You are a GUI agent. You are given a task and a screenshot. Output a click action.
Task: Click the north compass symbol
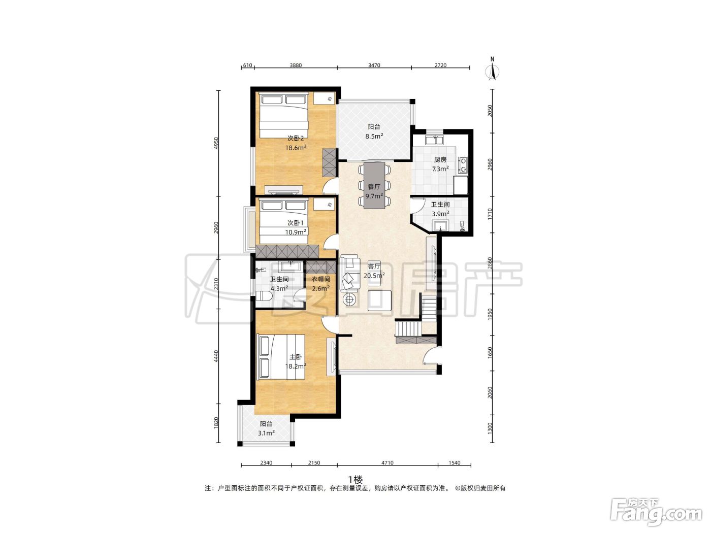492,69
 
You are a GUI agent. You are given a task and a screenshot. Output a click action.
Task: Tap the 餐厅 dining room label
374,187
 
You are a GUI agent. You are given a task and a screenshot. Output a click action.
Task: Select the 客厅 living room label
374,266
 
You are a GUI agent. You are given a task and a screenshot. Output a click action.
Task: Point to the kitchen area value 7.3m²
440,169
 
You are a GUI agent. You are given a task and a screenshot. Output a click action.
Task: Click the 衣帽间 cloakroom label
320,279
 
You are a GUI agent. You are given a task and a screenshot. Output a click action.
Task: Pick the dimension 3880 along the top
296,65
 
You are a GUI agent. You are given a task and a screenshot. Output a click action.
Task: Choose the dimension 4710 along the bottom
387,463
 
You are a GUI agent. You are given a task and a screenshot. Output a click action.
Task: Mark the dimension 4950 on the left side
216,143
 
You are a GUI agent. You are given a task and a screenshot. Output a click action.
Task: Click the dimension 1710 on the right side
490,214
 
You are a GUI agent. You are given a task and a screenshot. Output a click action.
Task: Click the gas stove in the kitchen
463,164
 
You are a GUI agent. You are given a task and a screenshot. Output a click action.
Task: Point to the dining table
374,185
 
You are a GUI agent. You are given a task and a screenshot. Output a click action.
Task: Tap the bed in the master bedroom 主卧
280,357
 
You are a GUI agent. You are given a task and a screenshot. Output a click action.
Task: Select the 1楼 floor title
355,480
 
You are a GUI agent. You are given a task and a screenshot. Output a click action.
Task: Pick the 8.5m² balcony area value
374,136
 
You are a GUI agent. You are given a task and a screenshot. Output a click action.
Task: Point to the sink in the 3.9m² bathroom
440,225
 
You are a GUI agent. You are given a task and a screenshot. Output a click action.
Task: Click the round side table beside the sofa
349,300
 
